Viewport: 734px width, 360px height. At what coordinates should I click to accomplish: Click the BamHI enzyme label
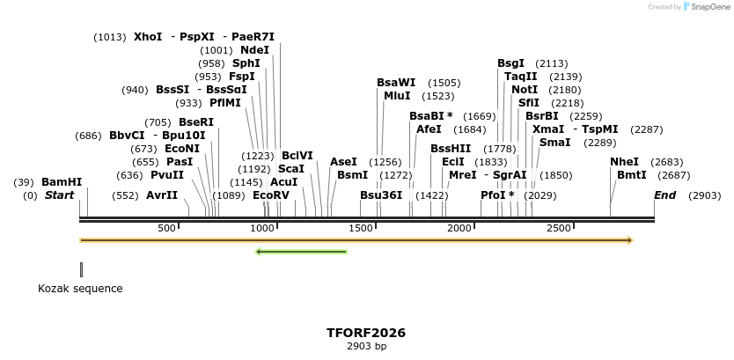point(61,182)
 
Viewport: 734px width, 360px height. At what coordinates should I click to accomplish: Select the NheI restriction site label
point(624,162)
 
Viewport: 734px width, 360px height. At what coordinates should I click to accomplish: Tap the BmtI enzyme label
point(631,175)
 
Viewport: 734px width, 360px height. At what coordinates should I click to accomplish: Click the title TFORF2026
point(366,333)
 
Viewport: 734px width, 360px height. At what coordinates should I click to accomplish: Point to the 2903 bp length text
point(366,347)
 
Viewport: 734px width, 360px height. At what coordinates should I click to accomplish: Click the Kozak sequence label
point(80,289)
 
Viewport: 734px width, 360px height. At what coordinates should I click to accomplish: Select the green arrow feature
point(301,252)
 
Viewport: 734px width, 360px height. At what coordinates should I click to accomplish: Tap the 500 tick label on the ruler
point(166,229)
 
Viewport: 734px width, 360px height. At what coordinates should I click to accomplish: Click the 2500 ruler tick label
point(561,229)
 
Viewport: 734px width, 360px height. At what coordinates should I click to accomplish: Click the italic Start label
point(60,195)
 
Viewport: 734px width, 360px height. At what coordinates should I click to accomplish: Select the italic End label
point(664,195)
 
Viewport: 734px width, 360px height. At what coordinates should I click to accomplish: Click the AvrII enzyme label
point(162,195)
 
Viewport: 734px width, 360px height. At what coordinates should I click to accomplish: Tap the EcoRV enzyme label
point(270,195)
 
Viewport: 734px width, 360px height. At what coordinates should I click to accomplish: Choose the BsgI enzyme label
point(510,63)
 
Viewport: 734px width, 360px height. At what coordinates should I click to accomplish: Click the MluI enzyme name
point(397,96)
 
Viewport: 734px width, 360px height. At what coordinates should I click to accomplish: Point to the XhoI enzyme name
point(148,37)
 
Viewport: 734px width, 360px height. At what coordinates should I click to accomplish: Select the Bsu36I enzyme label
point(381,195)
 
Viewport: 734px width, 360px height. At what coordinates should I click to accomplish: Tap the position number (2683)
point(666,162)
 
